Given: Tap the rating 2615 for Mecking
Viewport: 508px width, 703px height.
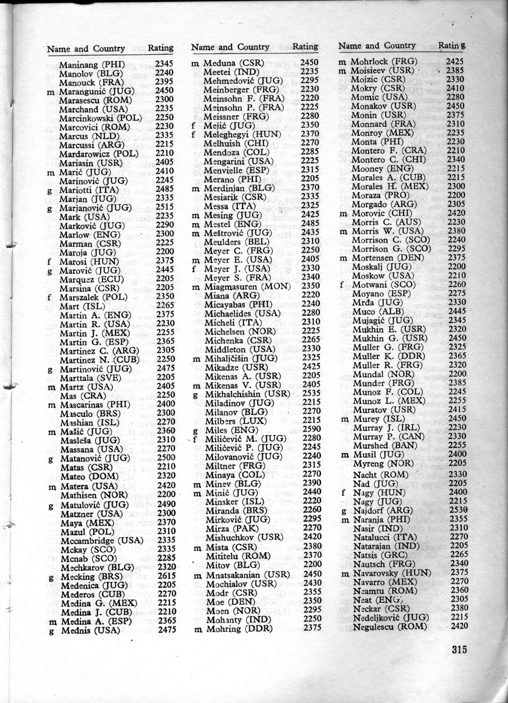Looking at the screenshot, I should point(166,576).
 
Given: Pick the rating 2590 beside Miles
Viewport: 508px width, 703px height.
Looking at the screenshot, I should point(311,429).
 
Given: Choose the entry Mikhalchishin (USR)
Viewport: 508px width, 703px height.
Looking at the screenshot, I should point(247,394).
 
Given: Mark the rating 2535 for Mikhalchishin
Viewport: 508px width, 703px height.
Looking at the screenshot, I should point(311,393).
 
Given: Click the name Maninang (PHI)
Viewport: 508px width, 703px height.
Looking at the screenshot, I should point(92,65).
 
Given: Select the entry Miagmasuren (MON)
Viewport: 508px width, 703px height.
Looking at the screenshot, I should point(247,287).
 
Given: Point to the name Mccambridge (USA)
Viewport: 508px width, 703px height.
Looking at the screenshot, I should point(102,540).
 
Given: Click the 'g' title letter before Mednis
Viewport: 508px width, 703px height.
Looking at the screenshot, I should point(51,631).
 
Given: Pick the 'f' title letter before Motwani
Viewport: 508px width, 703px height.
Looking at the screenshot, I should point(342,285).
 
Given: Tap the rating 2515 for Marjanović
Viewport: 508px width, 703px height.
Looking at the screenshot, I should point(165,206).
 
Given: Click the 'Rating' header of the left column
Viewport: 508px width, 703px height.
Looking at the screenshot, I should point(160,48).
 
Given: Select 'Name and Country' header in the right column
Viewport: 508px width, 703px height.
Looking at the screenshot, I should point(377,46).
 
